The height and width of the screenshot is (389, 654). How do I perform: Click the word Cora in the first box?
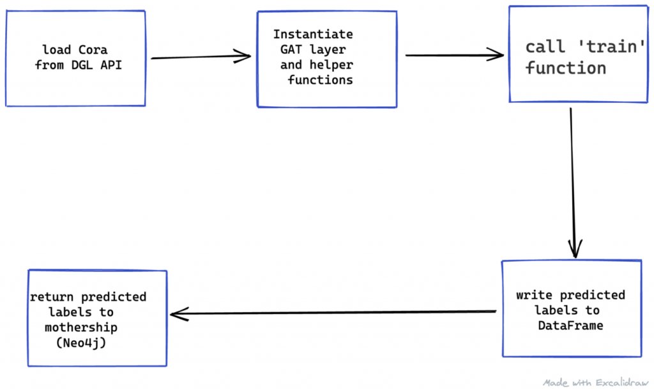pyautogui.click(x=93, y=50)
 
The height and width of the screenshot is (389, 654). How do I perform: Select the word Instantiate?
pyautogui.click(x=313, y=35)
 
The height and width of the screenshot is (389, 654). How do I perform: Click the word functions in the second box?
pyautogui.click(x=320, y=80)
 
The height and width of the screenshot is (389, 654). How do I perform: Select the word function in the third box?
pyautogui.click(x=566, y=68)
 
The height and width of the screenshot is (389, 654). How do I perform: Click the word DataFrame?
pyautogui.click(x=570, y=326)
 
